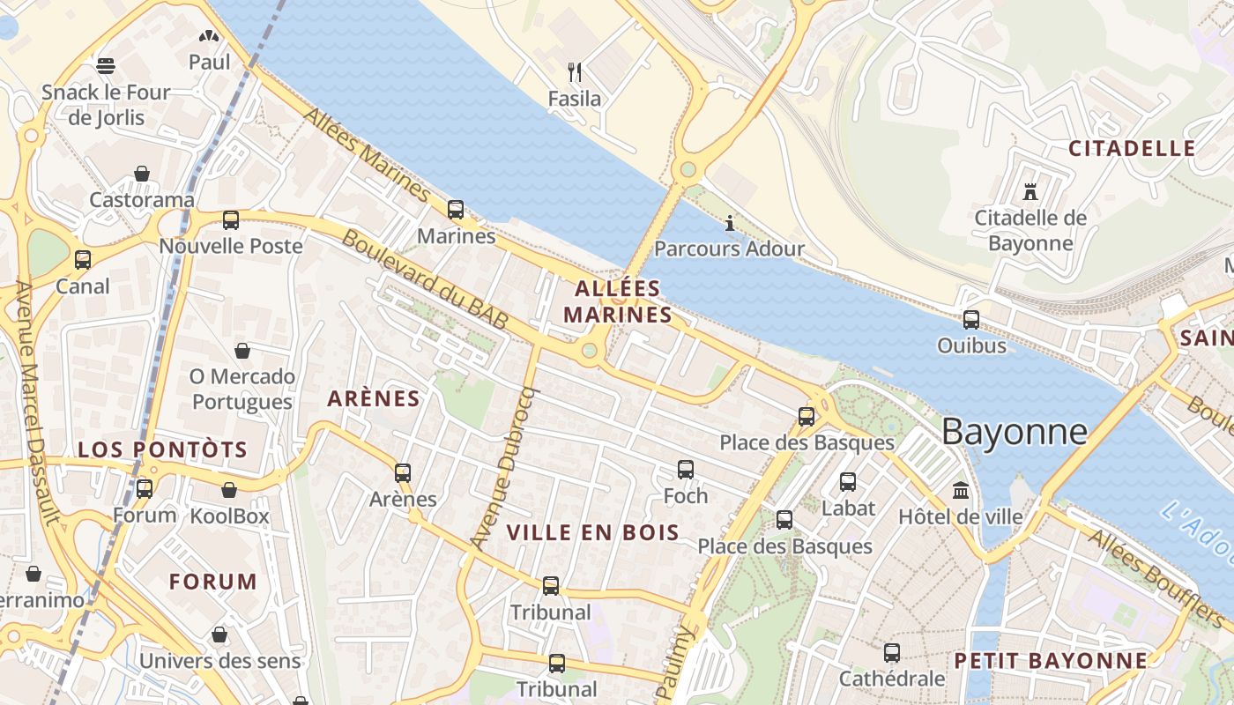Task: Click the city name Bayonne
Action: pos(1014,432)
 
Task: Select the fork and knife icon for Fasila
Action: pos(575,71)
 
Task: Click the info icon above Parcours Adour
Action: pos(729,223)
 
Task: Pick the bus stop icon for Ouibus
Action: pos(971,320)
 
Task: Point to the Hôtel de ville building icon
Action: pos(960,490)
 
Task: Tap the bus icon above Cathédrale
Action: pos(892,653)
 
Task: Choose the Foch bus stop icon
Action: pos(686,470)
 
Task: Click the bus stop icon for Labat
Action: pos(848,482)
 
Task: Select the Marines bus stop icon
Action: pos(456,210)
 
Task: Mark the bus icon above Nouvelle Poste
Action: pos(231,220)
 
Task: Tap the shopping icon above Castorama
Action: pos(142,174)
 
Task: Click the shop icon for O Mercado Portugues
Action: pos(242,351)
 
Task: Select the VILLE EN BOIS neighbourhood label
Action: pos(593,532)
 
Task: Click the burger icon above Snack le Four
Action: pos(106,65)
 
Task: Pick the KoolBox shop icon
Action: pos(229,490)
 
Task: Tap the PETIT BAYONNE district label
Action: pos(1051,661)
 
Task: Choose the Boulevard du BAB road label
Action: pos(425,279)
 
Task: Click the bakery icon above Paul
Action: pos(209,36)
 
